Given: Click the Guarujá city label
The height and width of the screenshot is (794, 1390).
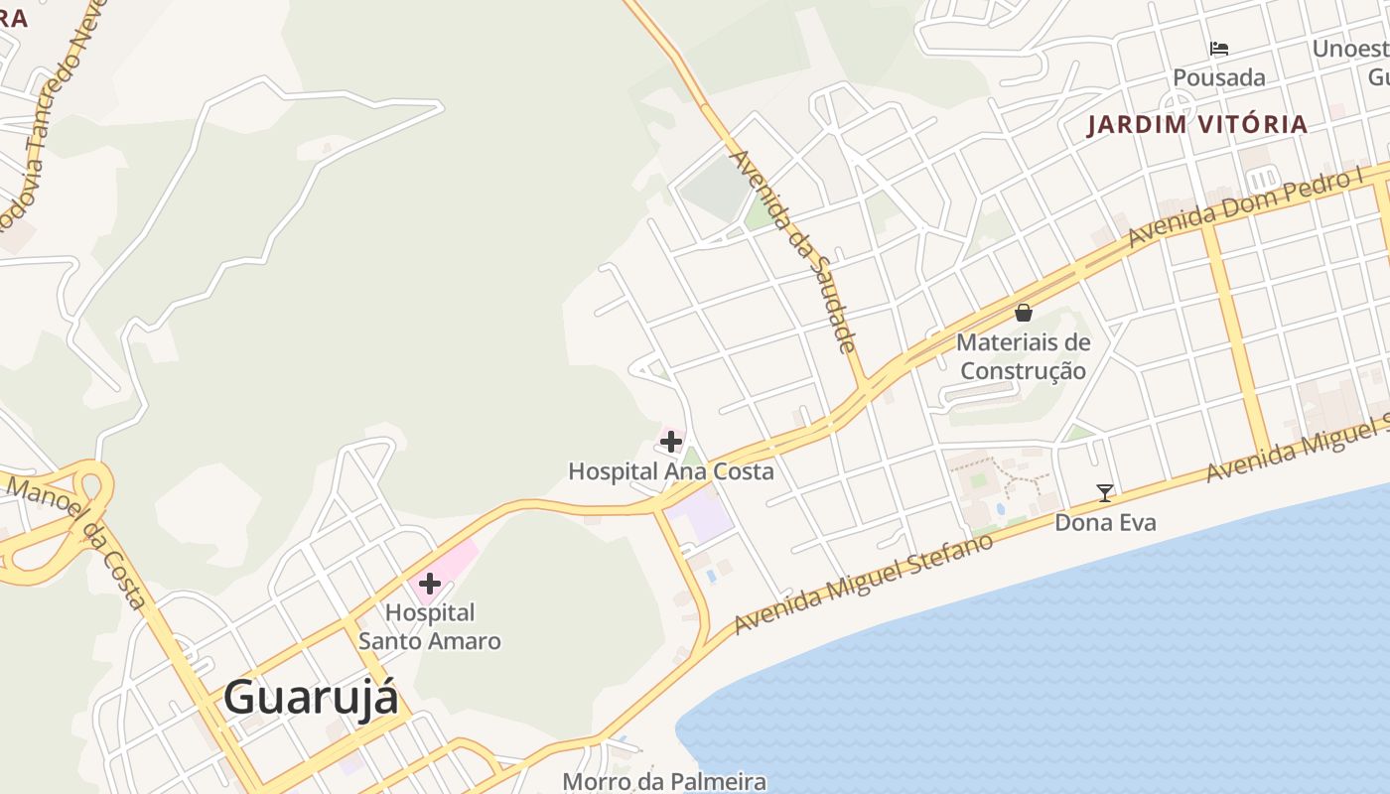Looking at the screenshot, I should tap(311, 697).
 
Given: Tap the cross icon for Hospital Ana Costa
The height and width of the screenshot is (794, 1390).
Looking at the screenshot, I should tap(671, 441).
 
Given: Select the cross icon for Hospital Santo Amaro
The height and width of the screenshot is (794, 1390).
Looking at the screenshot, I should tap(430, 584).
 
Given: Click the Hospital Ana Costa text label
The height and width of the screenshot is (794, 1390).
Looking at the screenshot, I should tap(670, 471).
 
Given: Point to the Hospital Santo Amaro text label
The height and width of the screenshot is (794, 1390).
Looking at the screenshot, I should tap(430, 626).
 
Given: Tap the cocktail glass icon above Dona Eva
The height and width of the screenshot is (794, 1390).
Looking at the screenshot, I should tap(1104, 492).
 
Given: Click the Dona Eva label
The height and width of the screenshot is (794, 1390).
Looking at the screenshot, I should tap(1105, 522).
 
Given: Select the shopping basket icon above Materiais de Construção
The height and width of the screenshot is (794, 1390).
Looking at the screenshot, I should tap(1024, 314).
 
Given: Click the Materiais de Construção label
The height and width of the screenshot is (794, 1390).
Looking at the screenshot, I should tap(1023, 357).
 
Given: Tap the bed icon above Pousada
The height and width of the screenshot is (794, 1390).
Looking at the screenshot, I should tap(1219, 48).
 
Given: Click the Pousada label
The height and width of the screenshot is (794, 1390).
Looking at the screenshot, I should tap(1219, 77).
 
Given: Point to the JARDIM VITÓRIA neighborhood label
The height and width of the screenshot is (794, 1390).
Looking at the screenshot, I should tap(1197, 125).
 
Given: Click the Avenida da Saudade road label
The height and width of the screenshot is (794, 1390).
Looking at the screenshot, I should tap(792, 250).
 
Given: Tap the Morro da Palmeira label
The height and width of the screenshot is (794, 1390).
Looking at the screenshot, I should tap(664, 782).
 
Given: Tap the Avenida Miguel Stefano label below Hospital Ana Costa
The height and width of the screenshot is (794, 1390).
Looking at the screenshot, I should tap(864, 585).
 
